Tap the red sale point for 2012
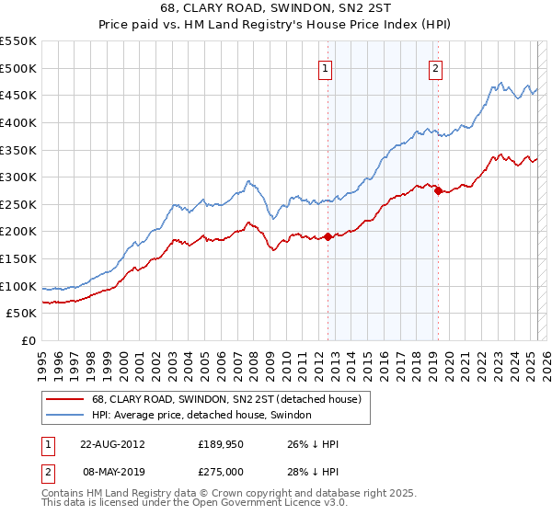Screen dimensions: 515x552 (328, 237)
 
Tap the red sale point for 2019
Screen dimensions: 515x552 (438, 190)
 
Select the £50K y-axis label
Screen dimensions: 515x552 (22, 314)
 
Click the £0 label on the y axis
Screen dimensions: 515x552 (28, 341)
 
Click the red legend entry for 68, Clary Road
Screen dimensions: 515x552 (229, 399)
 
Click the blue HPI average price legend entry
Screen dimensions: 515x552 (201, 416)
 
